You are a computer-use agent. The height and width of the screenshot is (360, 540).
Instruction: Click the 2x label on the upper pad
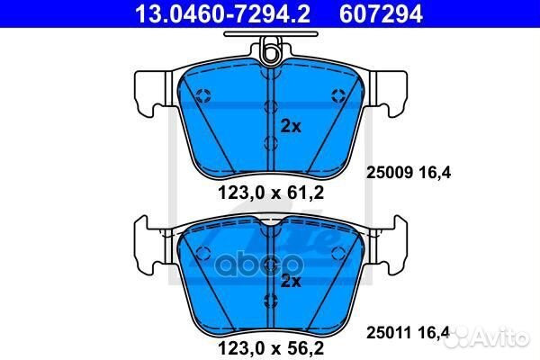point(291,125)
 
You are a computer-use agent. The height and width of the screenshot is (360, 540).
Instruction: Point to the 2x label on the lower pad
point(291,281)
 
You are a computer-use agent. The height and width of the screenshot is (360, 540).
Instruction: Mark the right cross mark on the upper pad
point(336,96)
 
